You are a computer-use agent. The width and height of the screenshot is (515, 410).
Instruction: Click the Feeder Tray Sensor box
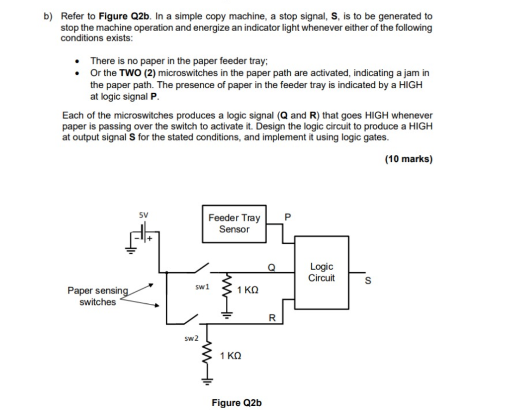[x=234, y=224]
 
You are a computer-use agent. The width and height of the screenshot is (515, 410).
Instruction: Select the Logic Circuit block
[x=321, y=272]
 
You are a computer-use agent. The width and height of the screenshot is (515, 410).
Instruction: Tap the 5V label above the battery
[x=143, y=215]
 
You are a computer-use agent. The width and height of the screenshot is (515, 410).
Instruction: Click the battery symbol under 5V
[x=144, y=232]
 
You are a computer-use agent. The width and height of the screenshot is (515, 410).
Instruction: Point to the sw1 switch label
[x=202, y=287]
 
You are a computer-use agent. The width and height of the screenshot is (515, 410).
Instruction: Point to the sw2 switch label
[x=191, y=338]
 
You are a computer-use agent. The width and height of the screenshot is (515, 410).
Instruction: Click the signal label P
[x=287, y=217]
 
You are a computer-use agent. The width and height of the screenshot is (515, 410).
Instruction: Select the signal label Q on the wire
[x=271, y=267]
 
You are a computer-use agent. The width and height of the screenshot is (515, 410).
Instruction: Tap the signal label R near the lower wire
[x=272, y=318]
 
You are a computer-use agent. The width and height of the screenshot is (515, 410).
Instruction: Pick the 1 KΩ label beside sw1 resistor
[x=248, y=290]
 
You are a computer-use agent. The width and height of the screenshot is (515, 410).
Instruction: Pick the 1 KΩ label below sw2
[x=231, y=356]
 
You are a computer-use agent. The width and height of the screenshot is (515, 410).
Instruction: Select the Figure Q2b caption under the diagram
[x=236, y=403]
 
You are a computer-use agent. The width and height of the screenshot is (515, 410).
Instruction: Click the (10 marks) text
[x=409, y=159]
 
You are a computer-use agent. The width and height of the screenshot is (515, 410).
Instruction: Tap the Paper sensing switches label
[x=98, y=296]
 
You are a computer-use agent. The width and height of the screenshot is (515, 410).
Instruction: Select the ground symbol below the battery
[x=131, y=250]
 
